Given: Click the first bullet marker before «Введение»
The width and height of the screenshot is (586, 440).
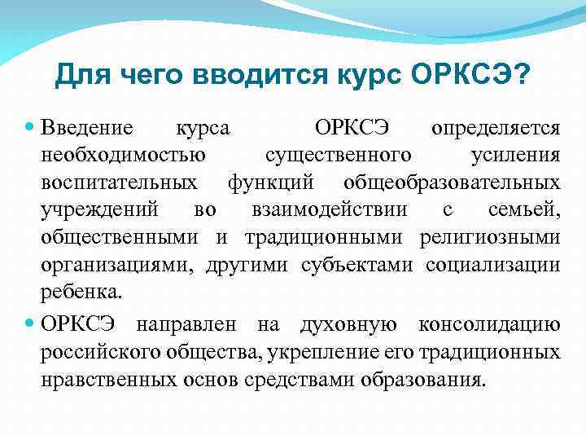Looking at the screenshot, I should pyautogui.click(x=30, y=128).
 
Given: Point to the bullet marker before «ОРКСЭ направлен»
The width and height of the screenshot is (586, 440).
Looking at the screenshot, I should pyautogui.click(x=30, y=325).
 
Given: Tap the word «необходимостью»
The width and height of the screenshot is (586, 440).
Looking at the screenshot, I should pyautogui.click(x=123, y=155).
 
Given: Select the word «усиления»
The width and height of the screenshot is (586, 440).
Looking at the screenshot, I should pyautogui.click(x=516, y=155).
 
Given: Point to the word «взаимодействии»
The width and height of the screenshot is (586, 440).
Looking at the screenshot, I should pyautogui.click(x=328, y=209).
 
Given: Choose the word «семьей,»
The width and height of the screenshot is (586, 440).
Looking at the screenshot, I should pyautogui.click(x=524, y=209).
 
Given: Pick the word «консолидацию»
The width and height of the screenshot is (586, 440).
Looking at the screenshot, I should pyautogui.click(x=488, y=325).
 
